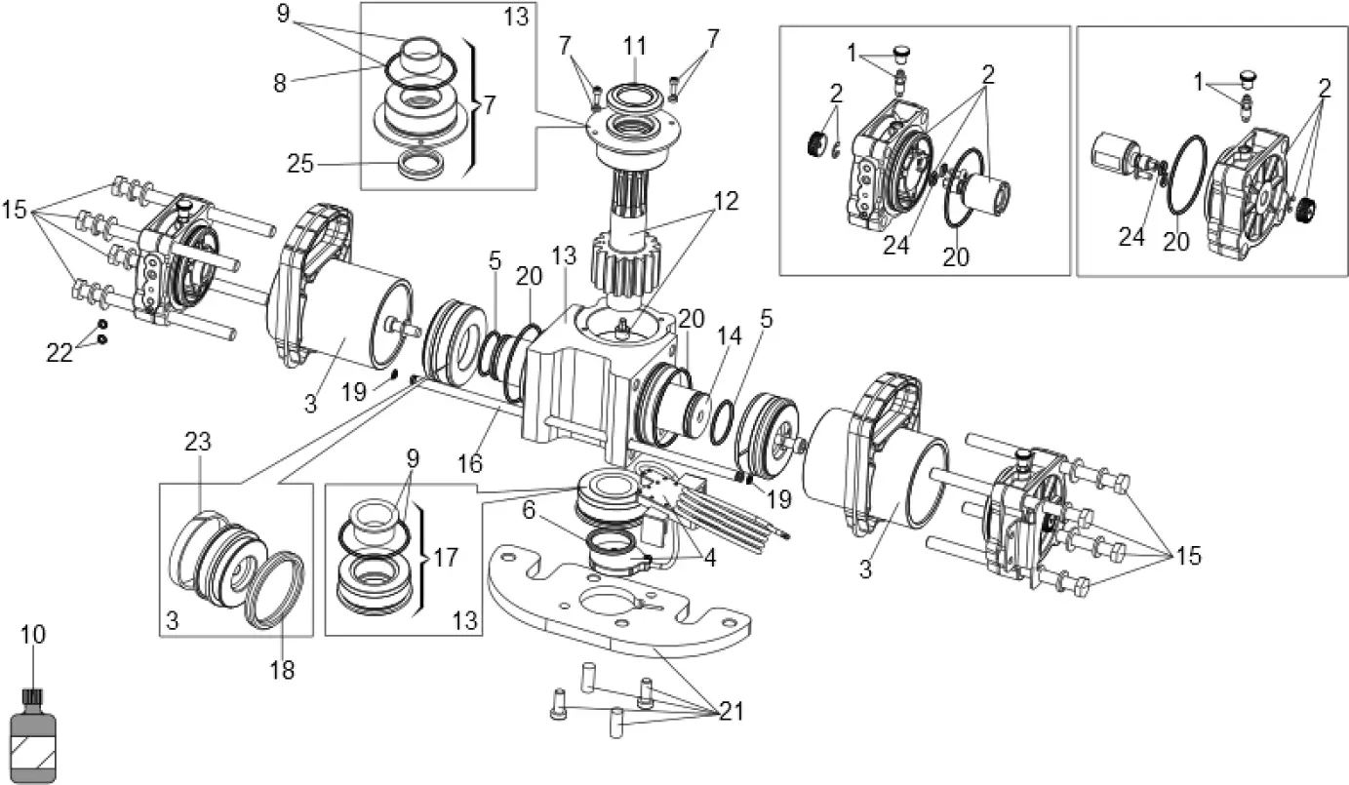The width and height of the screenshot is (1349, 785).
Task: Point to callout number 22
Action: (60, 354)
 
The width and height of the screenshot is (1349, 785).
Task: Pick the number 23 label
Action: (198, 442)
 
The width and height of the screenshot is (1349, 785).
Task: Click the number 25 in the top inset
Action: (300, 163)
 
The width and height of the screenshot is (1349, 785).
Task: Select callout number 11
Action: (635, 46)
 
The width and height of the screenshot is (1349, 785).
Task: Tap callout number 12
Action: (726, 202)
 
